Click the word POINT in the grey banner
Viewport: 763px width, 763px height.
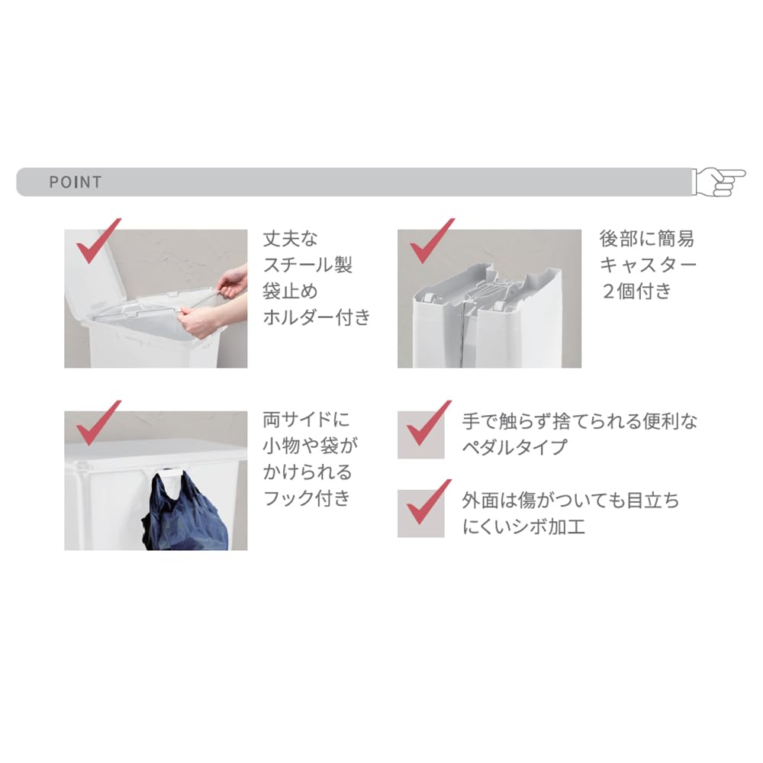[76, 182]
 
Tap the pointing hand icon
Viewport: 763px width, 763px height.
[719, 182]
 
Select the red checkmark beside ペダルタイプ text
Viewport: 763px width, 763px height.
[428, 423]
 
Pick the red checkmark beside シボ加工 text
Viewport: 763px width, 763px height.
[428, 502]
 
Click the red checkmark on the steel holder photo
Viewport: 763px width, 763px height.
[98, 241]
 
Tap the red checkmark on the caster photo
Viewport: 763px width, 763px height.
[432, 241]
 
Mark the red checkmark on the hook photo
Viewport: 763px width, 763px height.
[98, 423]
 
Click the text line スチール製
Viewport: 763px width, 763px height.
[307, 266]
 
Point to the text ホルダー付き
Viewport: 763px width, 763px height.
[317, 317]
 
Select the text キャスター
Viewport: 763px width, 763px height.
[648, 266]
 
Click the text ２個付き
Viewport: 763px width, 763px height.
[637, 291]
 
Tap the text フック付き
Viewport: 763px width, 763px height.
[307, 498]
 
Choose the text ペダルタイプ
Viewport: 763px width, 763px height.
[515, 446]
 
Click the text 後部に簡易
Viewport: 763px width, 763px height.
[647, 239]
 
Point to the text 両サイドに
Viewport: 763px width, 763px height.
[306, 420]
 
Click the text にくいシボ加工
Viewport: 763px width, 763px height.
[523, 526]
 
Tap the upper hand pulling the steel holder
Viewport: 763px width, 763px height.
[232, 282]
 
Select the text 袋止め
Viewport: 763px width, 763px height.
[291, 291]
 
